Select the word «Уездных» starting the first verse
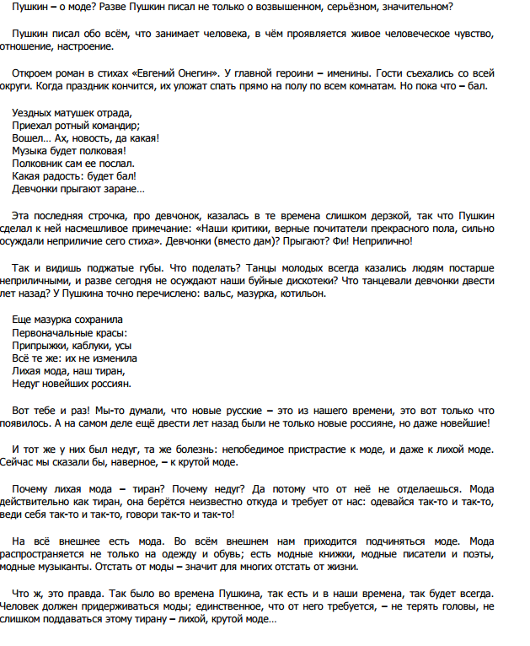33,112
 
